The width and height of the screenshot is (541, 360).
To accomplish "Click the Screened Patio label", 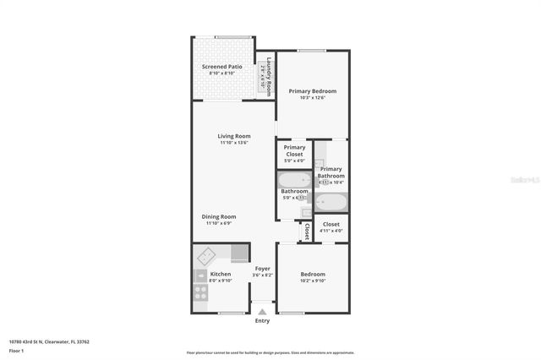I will (x=221, y=66).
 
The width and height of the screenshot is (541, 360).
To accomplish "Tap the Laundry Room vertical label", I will (x=269, y=76).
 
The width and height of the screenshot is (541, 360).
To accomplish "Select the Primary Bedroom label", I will (x=312, y=90).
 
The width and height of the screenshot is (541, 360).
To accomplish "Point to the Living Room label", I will (x=234, y=136).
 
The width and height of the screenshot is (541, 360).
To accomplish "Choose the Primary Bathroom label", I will (x=331, y=172).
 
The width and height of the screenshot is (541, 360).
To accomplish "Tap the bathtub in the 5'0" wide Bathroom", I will (x=294, y=180).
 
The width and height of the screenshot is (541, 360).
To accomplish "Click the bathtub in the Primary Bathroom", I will (x=331, y=202).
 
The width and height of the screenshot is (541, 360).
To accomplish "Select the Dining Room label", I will (x=219, y=216).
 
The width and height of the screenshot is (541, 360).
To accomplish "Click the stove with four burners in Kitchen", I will (x=201, y=292).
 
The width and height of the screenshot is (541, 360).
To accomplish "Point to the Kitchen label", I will (x=220, y=274).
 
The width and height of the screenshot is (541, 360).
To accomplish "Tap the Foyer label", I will (x=263, y=268).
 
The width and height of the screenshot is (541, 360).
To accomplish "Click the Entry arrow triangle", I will (x=262, y=312).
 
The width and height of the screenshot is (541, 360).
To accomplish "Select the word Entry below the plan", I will (x=262, y=321).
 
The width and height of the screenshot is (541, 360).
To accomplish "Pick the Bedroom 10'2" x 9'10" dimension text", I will (x=313, y=281).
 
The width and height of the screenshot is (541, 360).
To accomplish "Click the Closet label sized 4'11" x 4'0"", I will (x=331, y=224).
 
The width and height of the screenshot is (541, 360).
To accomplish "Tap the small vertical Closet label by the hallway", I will (x=306, y=232).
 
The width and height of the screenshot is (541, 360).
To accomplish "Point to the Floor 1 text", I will (x=16, y=350).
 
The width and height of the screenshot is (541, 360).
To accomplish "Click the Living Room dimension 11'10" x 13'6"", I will (x=234, y=143).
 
